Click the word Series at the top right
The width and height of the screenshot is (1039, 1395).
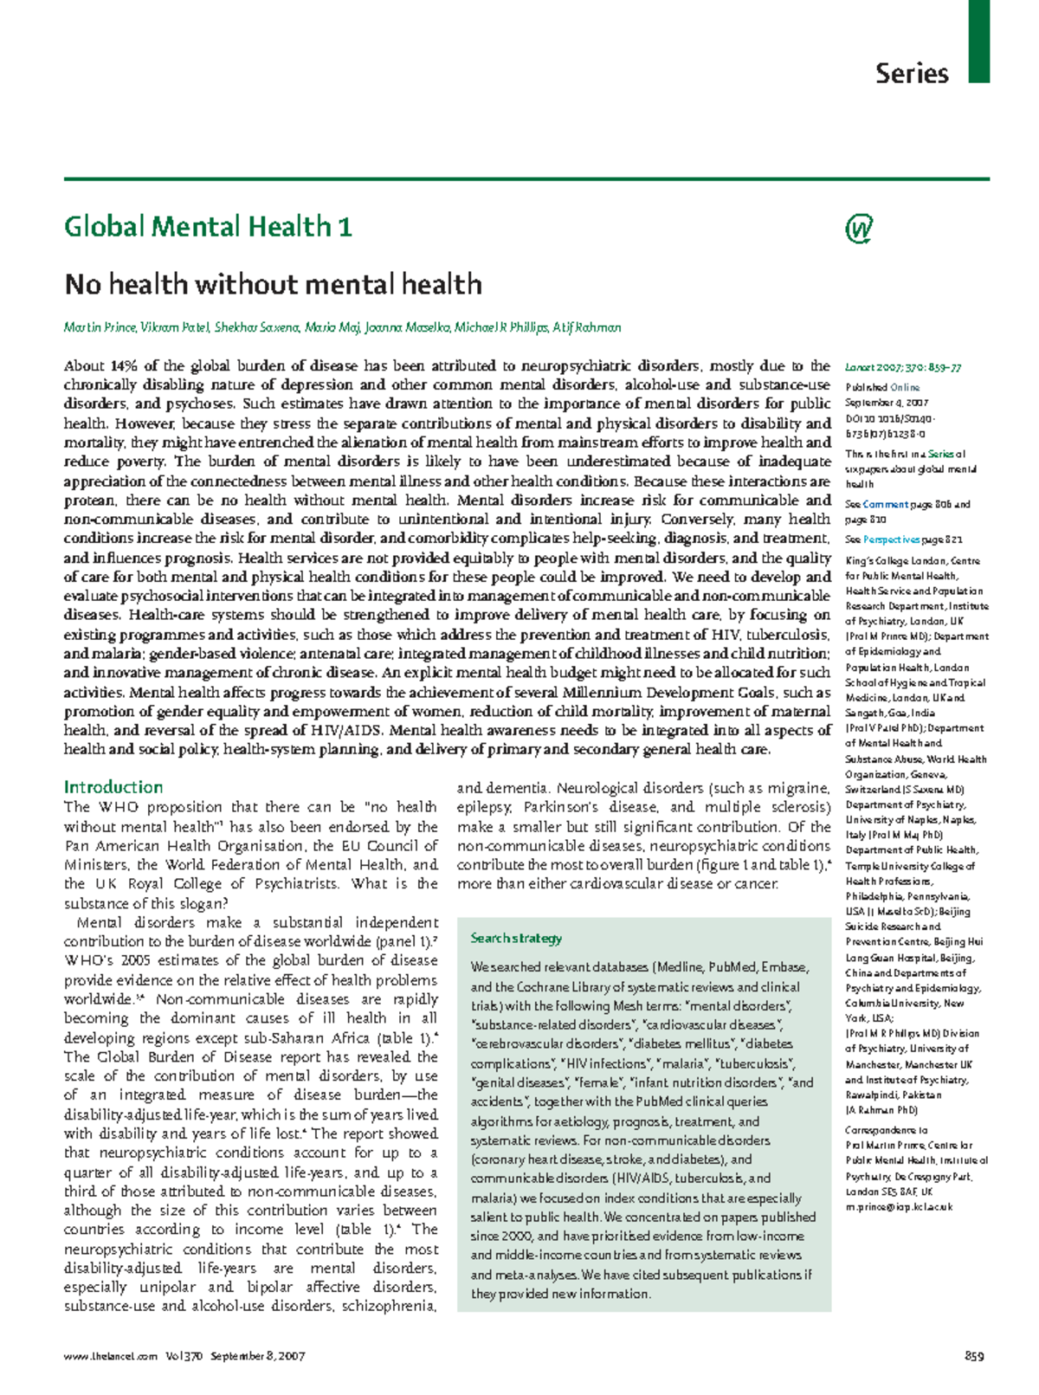pos(912,73)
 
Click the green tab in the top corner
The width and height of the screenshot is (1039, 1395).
pos(978,41)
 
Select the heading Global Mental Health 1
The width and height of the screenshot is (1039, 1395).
pos(208,227)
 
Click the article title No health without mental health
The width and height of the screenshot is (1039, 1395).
pos(273,284)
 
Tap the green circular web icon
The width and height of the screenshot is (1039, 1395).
pos(858,229)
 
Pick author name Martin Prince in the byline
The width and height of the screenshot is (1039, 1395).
pos(100,327)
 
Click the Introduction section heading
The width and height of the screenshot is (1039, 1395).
pos(113,787)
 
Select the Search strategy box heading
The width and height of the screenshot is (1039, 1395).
pos(516,938)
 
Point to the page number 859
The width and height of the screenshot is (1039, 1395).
pos(975,1356)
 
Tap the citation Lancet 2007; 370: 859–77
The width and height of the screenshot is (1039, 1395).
pos(903,367)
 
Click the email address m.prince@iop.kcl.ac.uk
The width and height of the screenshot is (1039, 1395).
pos(899,1206)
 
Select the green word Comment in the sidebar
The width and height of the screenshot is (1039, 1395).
pos(885,504)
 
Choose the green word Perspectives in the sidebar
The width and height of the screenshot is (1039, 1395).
pos(891,539)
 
